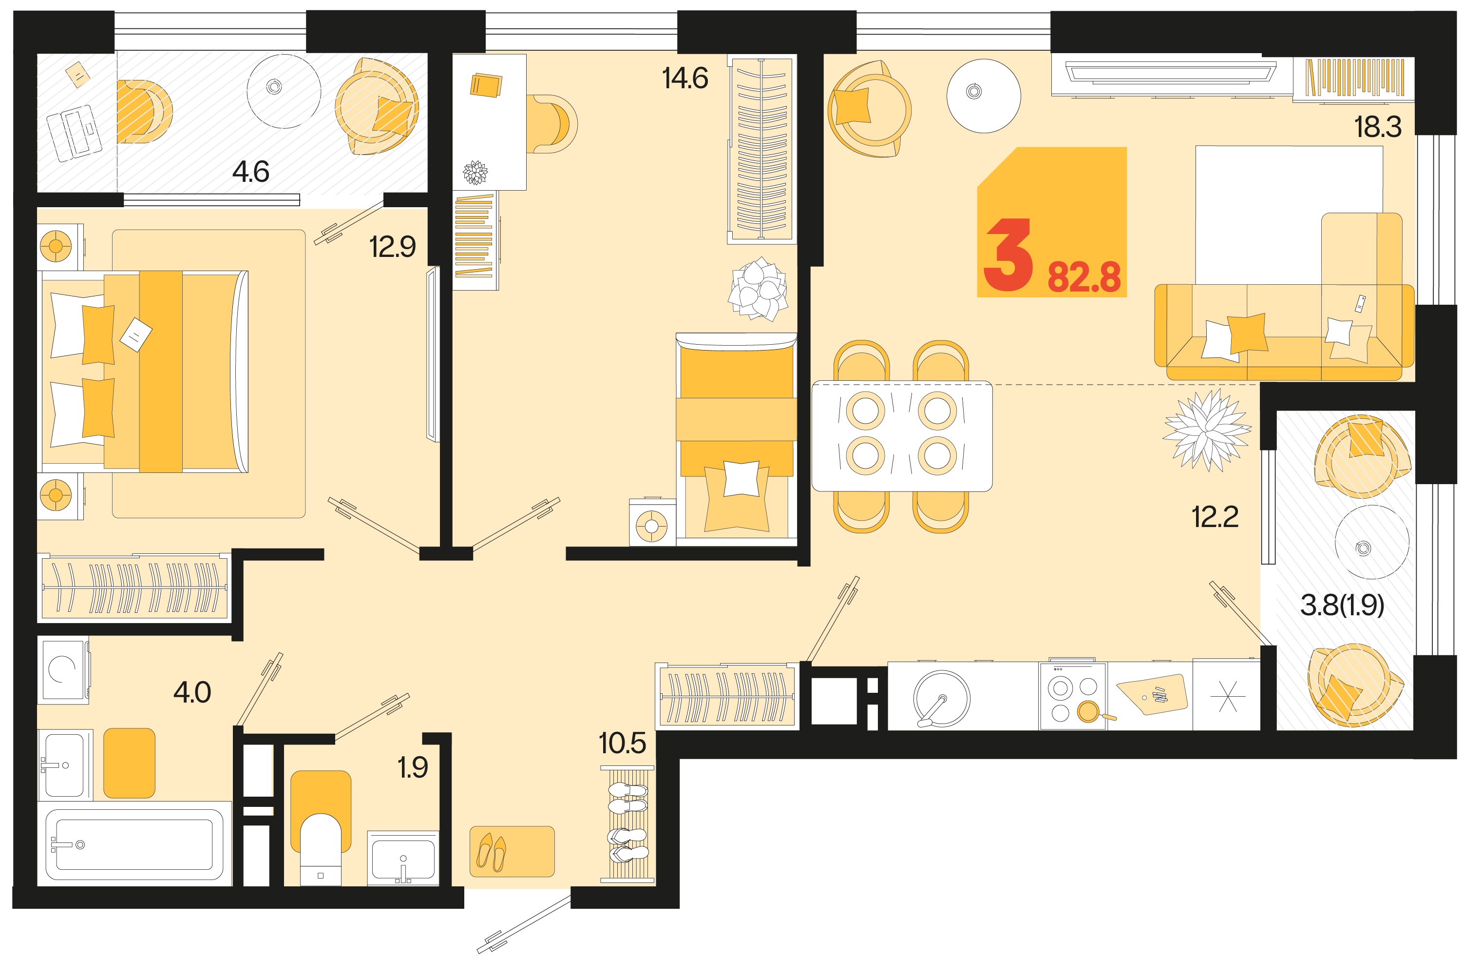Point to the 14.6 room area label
coord(685,78)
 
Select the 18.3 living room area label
coord(1378,127)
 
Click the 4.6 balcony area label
coord(251,171)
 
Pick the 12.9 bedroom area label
coord(392,247)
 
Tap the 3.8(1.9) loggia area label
coord(1342,606)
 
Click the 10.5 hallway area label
coord(622,743)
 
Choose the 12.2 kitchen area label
coord(1215,517)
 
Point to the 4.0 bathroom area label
coord(192,693)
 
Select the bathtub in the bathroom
coord(134,844)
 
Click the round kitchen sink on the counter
coord(941,699)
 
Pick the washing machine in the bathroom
coord(63,669)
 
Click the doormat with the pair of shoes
coord(512,851)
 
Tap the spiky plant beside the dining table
coord(1207,430)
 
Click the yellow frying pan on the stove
coord(1089,712)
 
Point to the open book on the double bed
coord(136,334)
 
